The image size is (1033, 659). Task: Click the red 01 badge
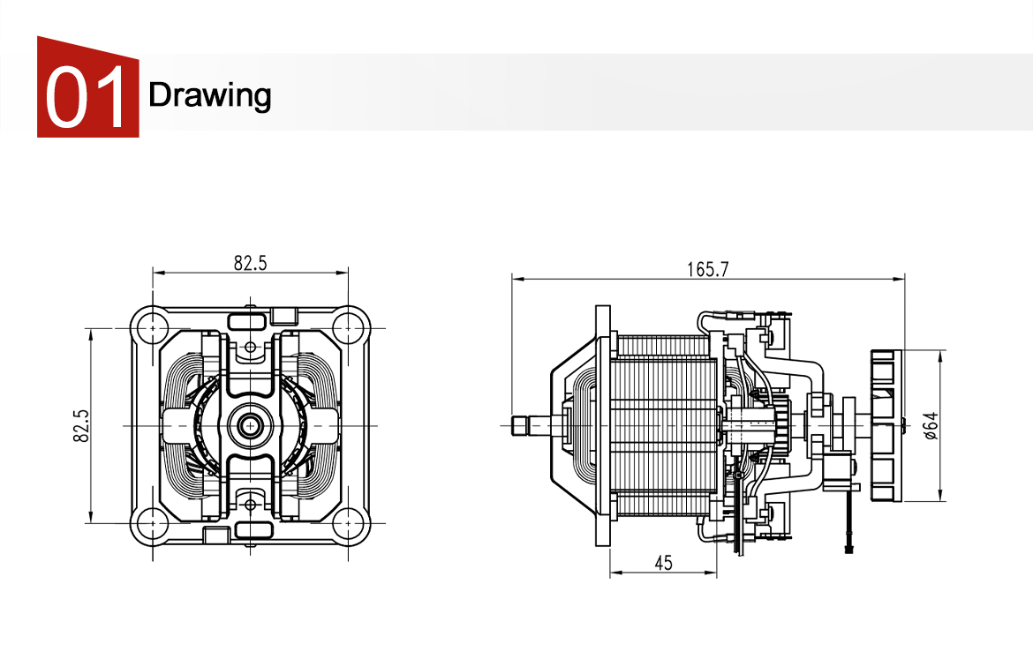tap(87, 87)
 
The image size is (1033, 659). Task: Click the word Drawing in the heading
tap(209, 94)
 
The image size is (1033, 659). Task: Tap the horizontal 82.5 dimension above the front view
tap(250, 262)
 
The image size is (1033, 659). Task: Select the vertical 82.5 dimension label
tap(80, 425)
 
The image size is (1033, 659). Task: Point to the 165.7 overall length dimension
tap(707, 270)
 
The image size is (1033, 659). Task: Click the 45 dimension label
tap(663, 563)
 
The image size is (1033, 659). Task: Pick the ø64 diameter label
tap(930, 424)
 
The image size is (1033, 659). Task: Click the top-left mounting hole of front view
tap(153, 327)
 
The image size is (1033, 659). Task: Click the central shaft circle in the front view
tap(251, 425)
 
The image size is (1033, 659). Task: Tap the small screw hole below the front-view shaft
tap(251, 505)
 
